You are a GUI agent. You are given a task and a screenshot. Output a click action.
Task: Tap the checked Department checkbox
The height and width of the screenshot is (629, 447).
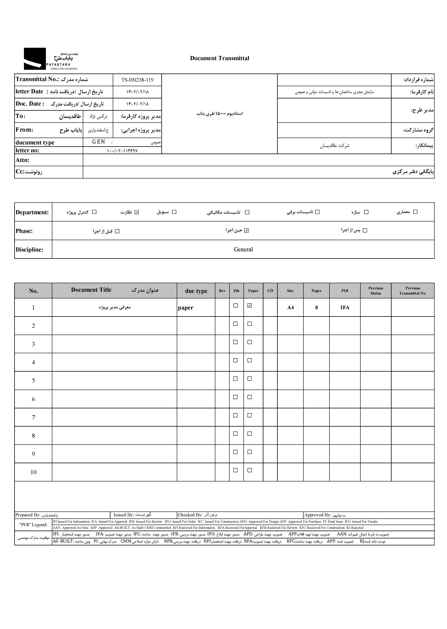(x=137, y=212)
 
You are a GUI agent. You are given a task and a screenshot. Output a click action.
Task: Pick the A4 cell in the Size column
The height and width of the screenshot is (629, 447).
(x=290, y=308)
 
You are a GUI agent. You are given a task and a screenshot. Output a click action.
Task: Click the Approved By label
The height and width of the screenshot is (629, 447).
(x=317, y=515)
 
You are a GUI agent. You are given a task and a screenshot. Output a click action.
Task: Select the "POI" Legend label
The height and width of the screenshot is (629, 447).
(x=33, y=524)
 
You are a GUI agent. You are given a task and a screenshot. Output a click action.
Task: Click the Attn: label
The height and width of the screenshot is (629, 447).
(x=23, y=160)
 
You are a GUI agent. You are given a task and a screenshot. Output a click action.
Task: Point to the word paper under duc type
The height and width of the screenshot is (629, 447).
(x=186, y=308)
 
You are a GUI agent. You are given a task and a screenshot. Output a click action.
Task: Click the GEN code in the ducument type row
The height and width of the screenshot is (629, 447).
(x=98, y=142)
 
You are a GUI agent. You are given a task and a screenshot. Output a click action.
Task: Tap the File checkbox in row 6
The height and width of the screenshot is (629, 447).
(x=235, y=397)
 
